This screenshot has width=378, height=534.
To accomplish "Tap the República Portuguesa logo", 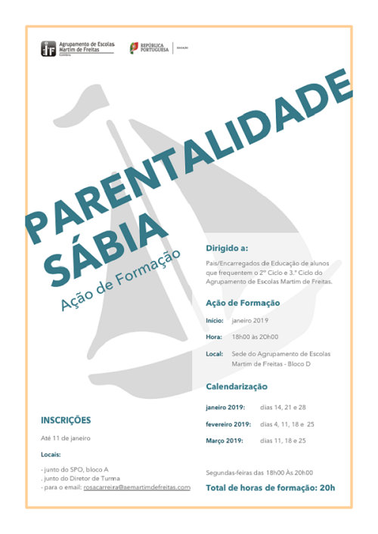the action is point(149,48).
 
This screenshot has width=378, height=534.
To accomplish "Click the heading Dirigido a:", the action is point(227,248).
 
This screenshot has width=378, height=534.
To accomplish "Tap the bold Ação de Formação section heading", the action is point(243,303).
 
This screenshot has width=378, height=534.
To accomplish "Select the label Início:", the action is point(215,321).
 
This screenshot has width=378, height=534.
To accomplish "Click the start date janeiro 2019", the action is point(250,321).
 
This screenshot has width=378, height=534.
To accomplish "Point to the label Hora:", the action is point(214,337).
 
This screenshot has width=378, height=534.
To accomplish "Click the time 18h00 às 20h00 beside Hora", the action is point(255,337).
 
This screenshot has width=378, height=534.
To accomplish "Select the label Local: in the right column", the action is point(215,353).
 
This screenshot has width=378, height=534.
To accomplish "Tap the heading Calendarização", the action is point(237,386).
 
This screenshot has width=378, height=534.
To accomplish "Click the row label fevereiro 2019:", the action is point(228,424).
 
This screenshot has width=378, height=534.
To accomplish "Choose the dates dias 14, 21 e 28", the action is point(283,407).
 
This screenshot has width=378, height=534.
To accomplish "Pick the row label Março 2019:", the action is point(224,440).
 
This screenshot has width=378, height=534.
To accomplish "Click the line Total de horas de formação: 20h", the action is point(270,488).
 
